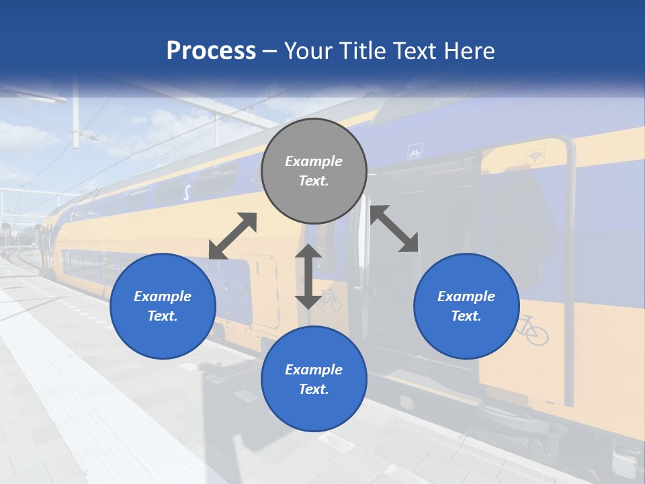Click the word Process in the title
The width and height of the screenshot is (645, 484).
click(x=211, y=51)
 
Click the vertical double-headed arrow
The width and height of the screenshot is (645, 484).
click(x=308, y=276)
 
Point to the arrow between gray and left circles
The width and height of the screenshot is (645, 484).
click(x=232, y=236)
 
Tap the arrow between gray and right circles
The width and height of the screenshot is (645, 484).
click(x=394, y=229)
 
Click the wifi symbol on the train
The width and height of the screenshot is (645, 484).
click(x=535, y=157)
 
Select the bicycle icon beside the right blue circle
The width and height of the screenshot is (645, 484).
click(x=532, y=330)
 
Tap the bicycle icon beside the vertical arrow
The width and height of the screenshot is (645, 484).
click(x=329, y=298)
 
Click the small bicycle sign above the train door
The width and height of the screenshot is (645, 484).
click(x=415, y=153)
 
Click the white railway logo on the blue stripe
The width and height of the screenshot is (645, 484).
click(x=187, y=192)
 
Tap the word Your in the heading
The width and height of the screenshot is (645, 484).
click(x=308, y=51)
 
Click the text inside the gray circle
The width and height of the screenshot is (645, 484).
click(x=314, y=171)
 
